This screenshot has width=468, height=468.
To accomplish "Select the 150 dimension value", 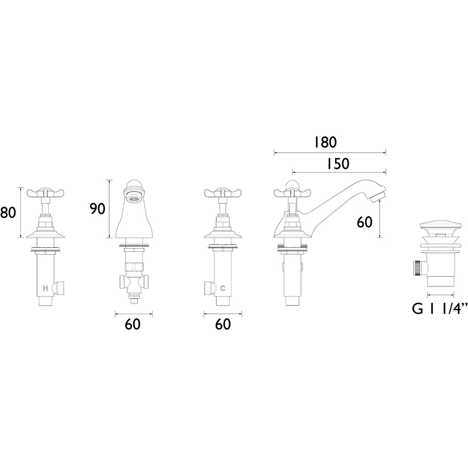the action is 337,164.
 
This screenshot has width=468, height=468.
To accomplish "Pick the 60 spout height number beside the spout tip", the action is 365,222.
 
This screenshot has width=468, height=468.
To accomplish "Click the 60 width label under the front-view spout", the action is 133,324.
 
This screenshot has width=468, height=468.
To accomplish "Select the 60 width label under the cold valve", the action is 223,324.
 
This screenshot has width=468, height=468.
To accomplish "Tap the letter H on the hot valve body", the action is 45,288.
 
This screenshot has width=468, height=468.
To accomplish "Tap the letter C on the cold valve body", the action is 223,288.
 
